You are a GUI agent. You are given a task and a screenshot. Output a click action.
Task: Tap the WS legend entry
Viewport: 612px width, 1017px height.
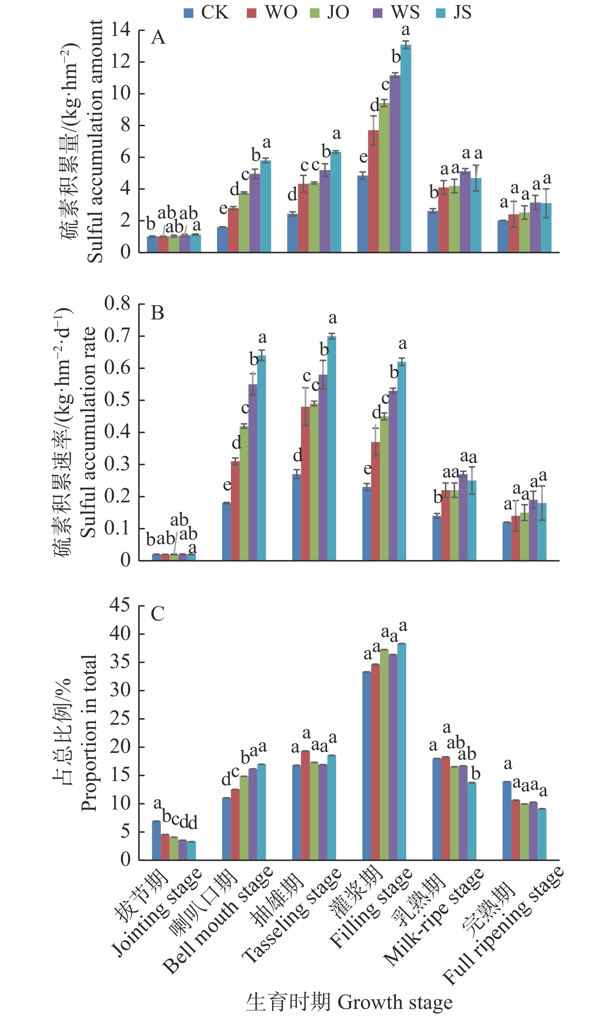[x=396, y=12]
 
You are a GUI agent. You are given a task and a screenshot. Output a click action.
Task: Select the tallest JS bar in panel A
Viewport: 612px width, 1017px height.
[x=406, y=149]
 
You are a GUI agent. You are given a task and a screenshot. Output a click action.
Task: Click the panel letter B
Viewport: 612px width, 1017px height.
[x=158, y=313]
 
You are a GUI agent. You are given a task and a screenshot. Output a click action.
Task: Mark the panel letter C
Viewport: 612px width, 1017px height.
[x=158, y=614]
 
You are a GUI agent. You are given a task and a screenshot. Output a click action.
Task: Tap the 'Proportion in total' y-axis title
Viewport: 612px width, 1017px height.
[x=89, y=733]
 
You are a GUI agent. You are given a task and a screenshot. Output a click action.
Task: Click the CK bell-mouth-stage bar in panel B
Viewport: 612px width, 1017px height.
[x=226, y=531]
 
